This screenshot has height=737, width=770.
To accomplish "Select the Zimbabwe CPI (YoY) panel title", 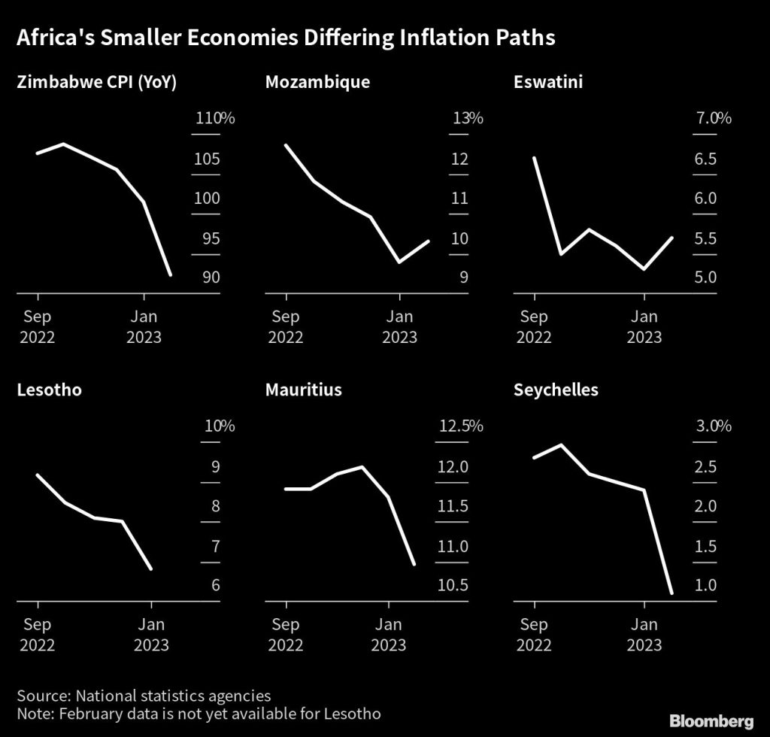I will coord(96,81).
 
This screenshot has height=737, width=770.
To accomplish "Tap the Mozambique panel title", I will coord(317,81).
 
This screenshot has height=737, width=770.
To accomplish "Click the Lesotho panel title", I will coord(49,390).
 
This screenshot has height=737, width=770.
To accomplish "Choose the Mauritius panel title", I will coord(303,390).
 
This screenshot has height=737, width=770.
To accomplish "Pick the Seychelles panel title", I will coord(556,390).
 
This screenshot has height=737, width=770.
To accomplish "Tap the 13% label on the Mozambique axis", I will coord(468,118).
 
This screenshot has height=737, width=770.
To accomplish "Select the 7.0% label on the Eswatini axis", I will coord(714,118).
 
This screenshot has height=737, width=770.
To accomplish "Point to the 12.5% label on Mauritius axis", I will coord(461,426).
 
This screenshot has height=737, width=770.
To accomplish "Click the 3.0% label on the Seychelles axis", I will coord(714,426).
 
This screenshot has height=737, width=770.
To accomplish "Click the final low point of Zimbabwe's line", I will coord(171,275).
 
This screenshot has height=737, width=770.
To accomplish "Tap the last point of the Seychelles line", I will coord(671,593).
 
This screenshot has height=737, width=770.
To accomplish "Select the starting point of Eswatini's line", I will coord(535,158).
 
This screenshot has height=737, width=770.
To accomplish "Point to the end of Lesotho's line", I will coord(152,569).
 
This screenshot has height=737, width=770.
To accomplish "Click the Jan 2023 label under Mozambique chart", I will coord(399,326).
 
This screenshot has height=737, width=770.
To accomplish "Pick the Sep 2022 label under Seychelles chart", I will coord(535,634).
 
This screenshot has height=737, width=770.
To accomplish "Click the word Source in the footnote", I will coord(42,696).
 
